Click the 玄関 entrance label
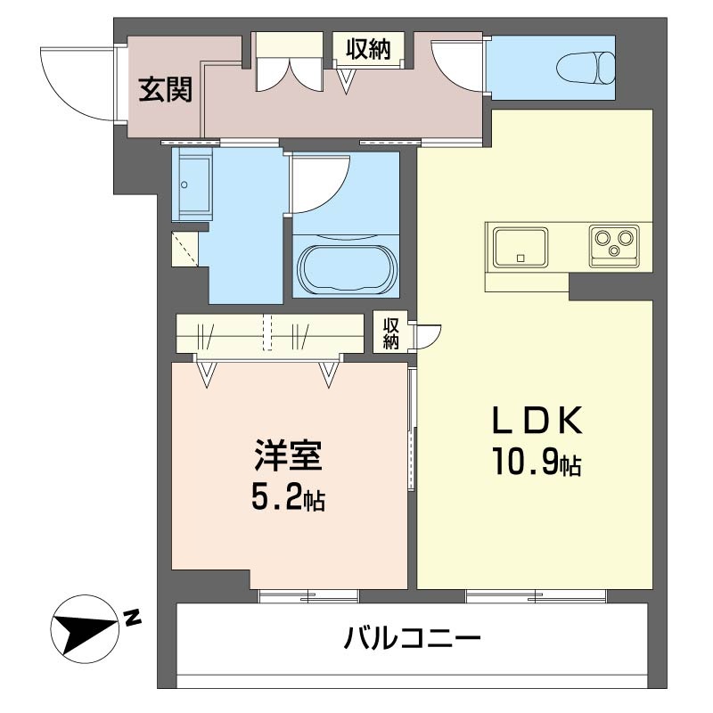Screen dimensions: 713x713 coord(166,89)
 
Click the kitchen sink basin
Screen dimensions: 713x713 coord(521,246)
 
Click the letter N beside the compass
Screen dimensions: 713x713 coord(132,617)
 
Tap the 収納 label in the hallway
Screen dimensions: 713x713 coord(368,50)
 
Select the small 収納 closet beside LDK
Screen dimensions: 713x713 coord(391,332)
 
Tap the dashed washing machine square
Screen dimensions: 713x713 coord(185,249)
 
